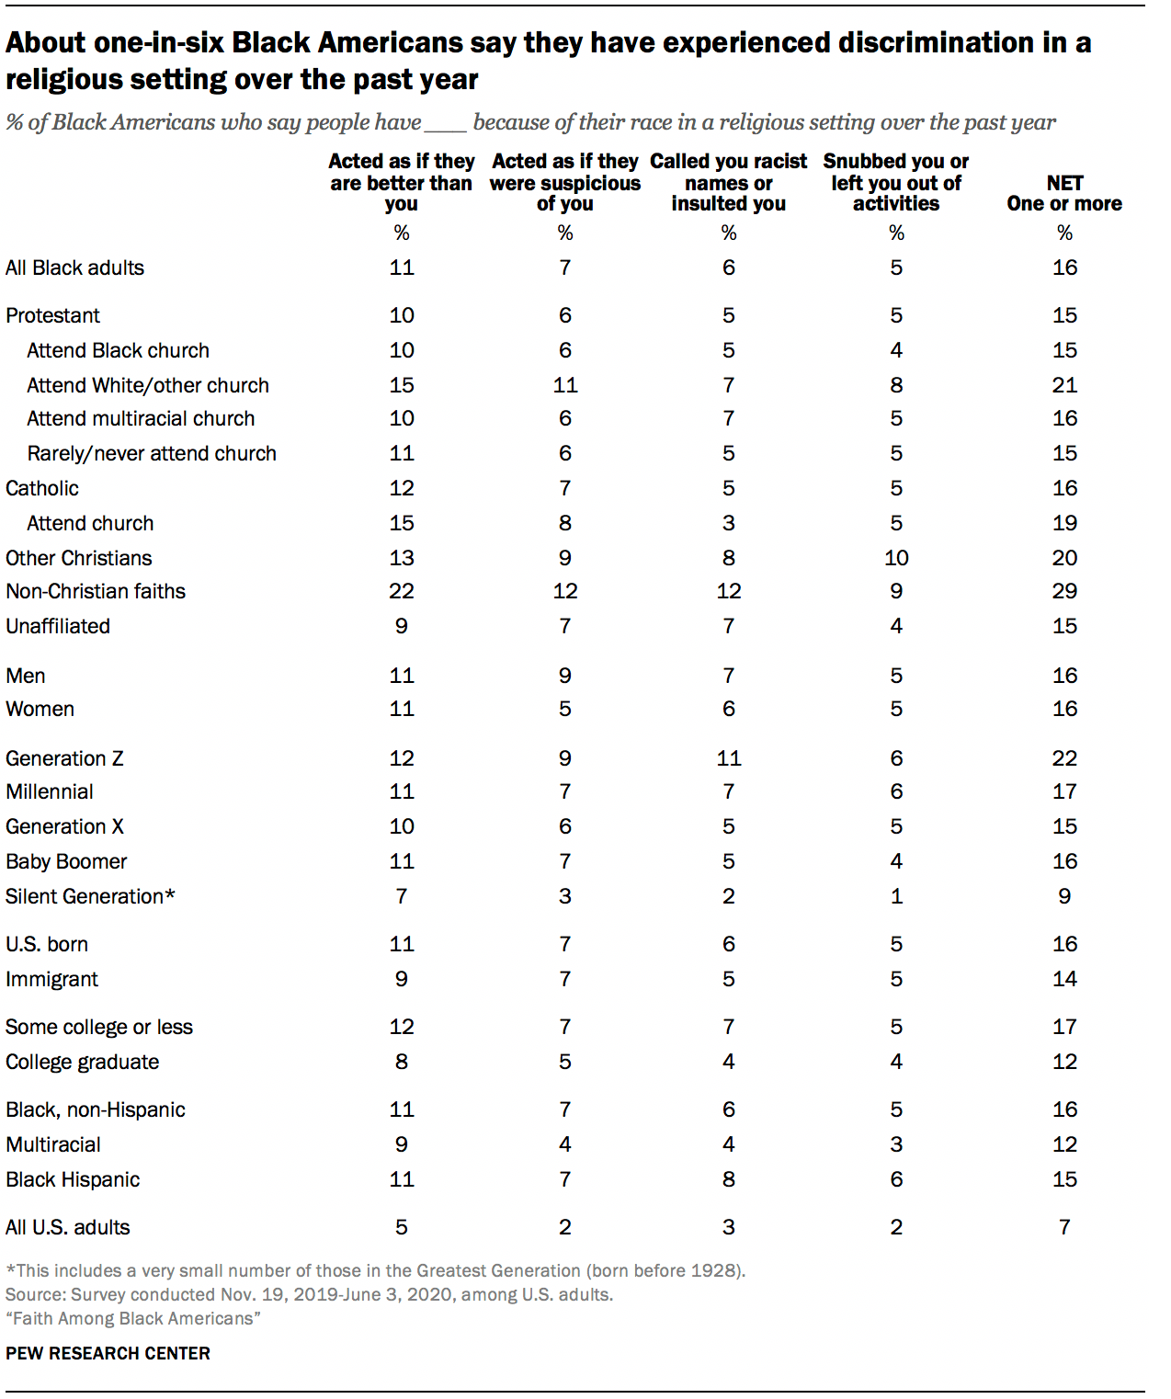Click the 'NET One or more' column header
pos(1064,193)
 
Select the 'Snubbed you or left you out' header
pos(896,182)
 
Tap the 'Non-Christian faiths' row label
pos(96,591)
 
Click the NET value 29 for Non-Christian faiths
pos(1064,591)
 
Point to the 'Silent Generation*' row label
pos(90,896)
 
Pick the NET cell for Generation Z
pos(1064,758)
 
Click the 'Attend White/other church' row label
pos(148,385)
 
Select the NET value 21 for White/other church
pos(1064,385)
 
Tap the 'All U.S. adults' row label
pos(68,1227)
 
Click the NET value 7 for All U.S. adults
pos(1064,1227)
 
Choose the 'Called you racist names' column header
pos(728,182)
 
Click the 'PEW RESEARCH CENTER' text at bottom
pos(108,1353)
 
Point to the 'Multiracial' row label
pos(53,1144)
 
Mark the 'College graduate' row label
pos(83,1062)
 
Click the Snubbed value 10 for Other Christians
pos(896,558)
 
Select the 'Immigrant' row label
pos(51,979)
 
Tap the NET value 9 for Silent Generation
pos(1064,896)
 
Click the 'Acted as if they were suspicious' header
pos(565,182)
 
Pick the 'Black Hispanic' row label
pos(73,1179)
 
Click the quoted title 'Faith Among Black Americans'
pos(133,1318)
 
